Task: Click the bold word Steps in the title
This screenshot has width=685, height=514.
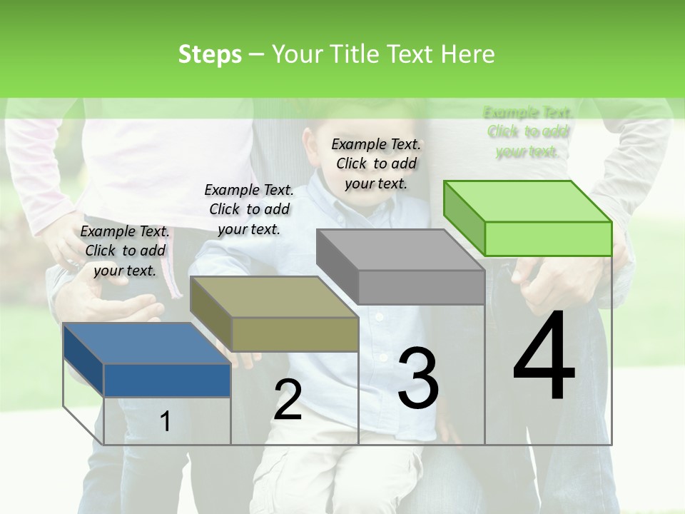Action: point(210,54)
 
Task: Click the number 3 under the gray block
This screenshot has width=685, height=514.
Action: point(417,379)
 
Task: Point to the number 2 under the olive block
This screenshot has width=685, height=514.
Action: point(288,400)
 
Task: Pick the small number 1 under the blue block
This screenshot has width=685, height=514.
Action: point(165,422)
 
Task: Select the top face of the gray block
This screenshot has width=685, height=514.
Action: point(400,250)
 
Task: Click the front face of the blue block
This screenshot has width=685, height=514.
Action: point(167,380)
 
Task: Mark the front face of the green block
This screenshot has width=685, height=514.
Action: point(548,238)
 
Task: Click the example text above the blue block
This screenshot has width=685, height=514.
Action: point(125,251)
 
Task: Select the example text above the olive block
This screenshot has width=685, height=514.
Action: point(248,209)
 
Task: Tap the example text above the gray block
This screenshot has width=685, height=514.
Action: point(376,163)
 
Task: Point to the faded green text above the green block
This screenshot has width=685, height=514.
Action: point(527,131)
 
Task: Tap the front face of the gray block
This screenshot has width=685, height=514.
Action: point(421,287)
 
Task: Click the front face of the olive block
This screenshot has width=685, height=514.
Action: point(295,334)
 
